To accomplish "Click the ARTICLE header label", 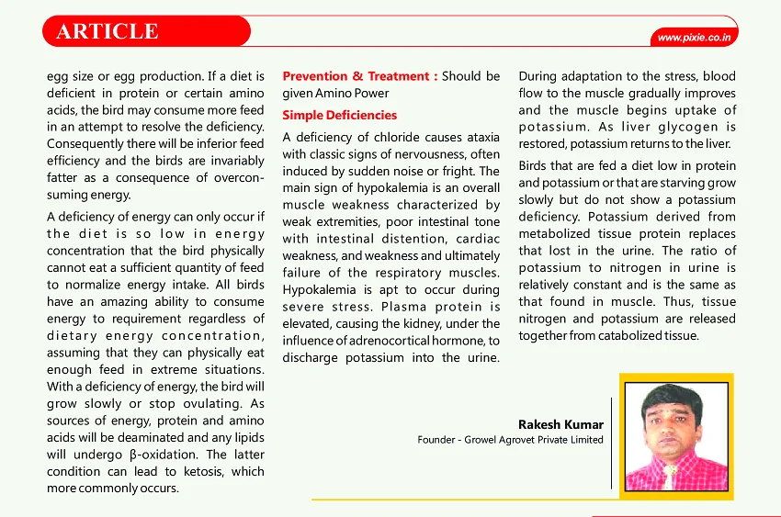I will [x=108, y=31].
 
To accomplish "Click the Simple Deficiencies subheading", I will [x=339, y=115].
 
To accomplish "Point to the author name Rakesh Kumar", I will [x=560, y=424].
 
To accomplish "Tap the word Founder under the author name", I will [x=436, y=440].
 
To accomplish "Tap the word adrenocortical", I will [x=395, y=340].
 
